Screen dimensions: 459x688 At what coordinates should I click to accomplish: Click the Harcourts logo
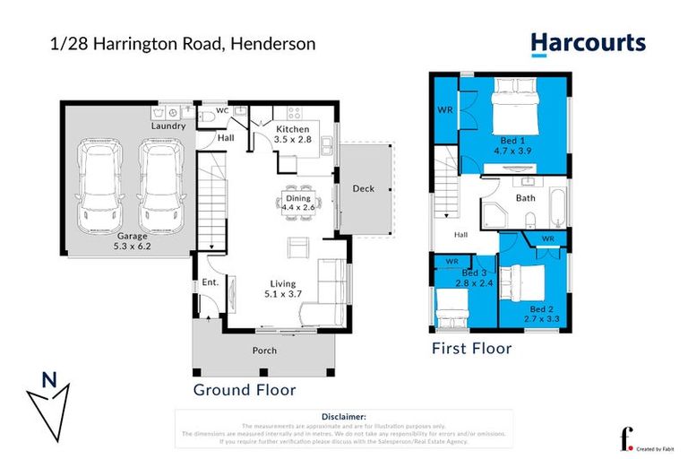click(587, 42)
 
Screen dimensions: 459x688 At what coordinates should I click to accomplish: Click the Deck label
click(363, 188)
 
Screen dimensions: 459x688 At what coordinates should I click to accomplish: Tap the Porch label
click(264, 351)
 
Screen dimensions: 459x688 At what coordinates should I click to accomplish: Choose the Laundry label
click(168, 126)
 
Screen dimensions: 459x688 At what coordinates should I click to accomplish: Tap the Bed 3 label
click(474, 272)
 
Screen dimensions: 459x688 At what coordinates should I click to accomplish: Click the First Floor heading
click(471, 348)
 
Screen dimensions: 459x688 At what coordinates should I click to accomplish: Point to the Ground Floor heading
click(245, 390)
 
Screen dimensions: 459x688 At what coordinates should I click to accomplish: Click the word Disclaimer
click(343, 417)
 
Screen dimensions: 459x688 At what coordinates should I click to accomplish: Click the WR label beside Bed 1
click(444, 110)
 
